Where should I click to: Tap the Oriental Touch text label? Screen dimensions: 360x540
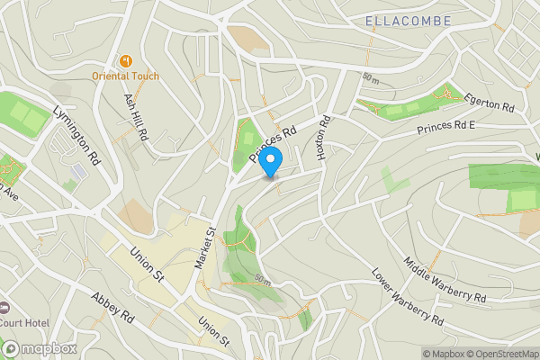click(125, 76)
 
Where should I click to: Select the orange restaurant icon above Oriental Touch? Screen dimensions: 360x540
click(125, 60)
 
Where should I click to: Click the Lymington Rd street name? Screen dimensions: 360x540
click(76, 134)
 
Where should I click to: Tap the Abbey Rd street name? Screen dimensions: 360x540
click(112, 307)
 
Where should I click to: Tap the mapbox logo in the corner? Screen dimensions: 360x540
click(38, 348)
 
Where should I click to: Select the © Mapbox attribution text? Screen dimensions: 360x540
click(441, 354)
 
